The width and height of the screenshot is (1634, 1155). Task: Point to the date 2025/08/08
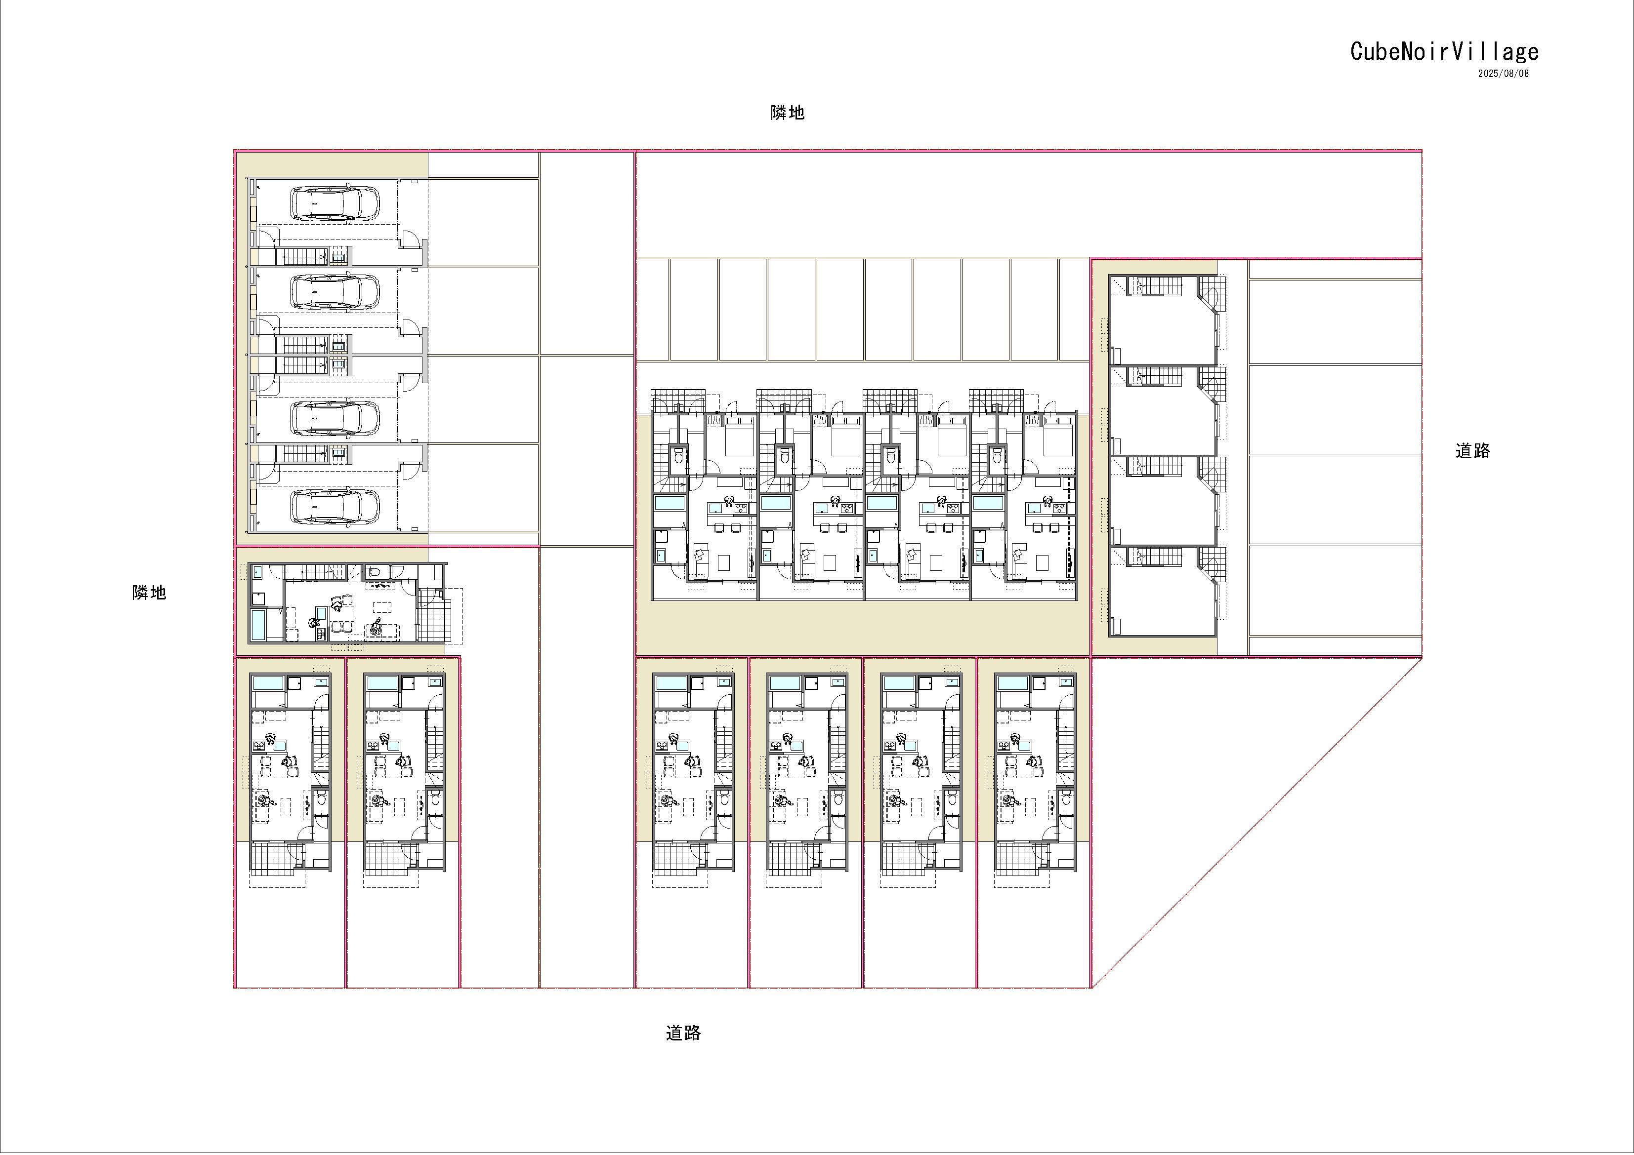coord(1503,73)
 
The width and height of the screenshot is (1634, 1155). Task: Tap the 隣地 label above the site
coord(787,113)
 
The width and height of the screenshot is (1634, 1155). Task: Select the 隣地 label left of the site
coord(149,593)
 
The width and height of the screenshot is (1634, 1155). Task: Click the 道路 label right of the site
coord(1472,451)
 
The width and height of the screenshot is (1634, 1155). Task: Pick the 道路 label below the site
coord(683,1033)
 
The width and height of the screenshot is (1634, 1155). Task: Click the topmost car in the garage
coord(335,202)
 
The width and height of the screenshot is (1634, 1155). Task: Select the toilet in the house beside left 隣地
coord(374,572)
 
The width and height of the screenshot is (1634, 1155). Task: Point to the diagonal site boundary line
coord(1257,822)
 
